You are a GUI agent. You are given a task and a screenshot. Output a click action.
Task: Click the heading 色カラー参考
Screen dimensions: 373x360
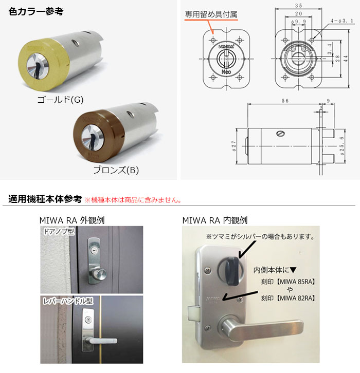(x=36, y=11)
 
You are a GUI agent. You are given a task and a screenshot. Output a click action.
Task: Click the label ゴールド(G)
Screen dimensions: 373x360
(x=60, y=99)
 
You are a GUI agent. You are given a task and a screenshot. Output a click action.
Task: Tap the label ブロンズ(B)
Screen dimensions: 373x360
(x=116, y=169)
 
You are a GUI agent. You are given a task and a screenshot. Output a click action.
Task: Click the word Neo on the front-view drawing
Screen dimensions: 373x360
(x=226, y=72)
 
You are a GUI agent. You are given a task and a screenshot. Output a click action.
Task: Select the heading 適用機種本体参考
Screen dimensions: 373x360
(x=45, y=198)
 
